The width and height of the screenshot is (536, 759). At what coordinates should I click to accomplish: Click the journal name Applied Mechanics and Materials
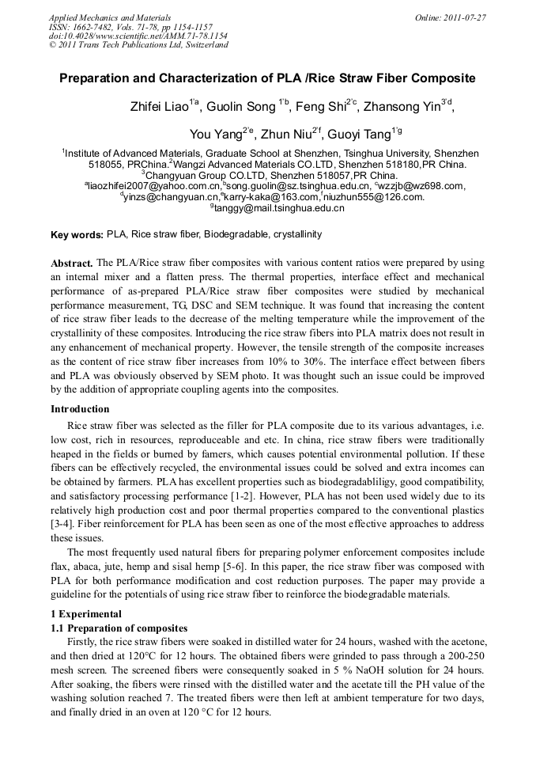click(110, 17)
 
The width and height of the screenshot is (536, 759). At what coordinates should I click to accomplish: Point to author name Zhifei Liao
click(159, 107)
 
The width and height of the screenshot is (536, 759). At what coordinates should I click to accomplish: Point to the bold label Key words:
click(77, 235)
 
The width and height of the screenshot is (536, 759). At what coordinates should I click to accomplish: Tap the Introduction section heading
click(80, 409)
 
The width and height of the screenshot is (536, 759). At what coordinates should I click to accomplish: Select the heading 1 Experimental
click(86, 613)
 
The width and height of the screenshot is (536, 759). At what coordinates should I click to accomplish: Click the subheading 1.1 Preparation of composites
click(119, 628)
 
